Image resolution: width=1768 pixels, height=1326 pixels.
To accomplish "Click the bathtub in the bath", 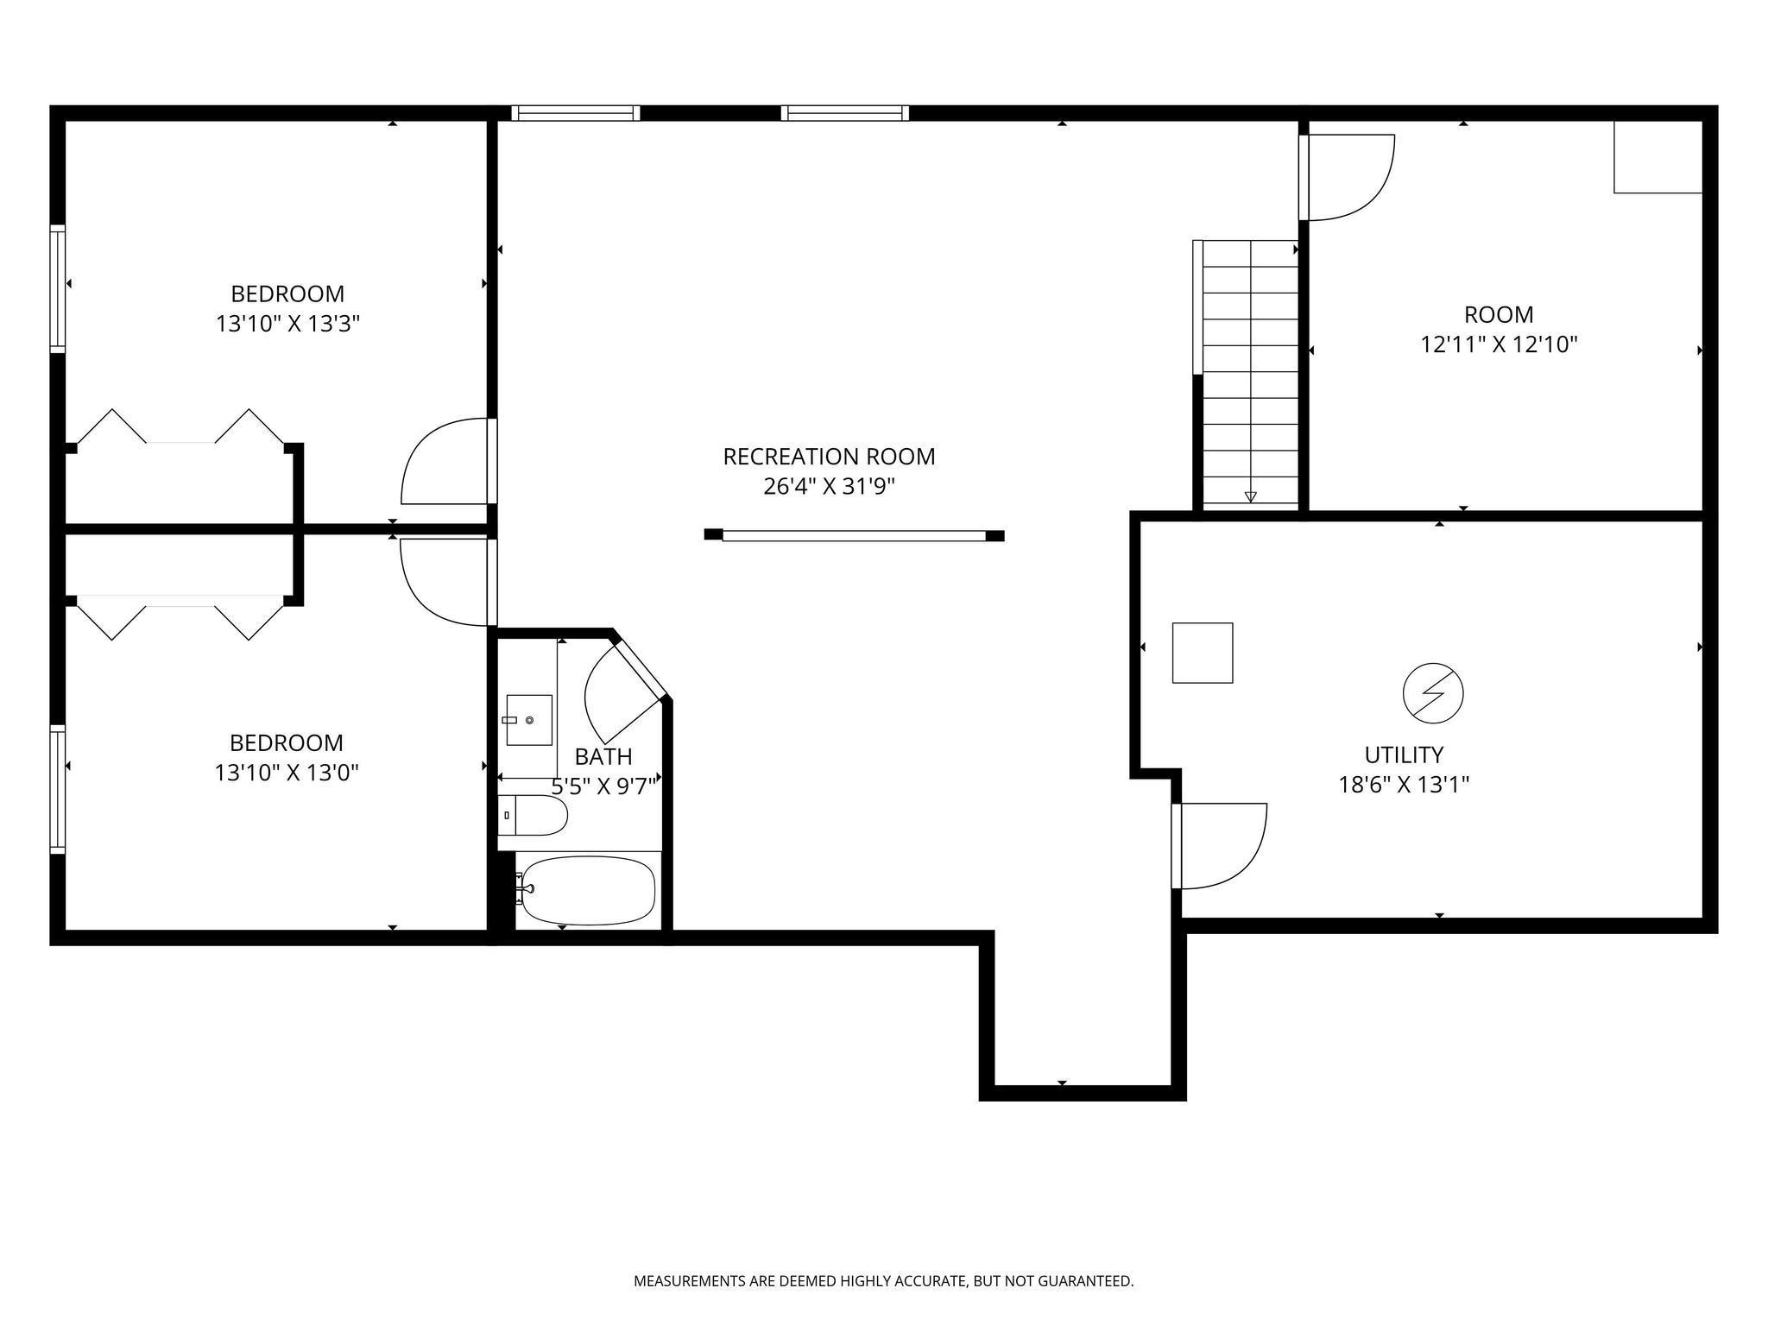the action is coord(588,890).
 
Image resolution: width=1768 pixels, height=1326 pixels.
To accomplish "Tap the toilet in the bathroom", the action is coord(533,815).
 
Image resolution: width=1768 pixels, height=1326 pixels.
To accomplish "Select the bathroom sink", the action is coord(529,720).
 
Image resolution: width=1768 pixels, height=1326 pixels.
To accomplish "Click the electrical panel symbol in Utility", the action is coord(1433,692).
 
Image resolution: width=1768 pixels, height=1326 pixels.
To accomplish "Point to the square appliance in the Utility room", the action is coord(1203,653).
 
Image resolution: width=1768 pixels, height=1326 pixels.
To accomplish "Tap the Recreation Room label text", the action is coord(829,457).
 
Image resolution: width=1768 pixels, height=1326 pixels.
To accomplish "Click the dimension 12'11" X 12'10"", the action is coord(1500,344).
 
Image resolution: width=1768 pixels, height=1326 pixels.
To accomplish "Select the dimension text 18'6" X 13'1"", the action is coord(1405,785).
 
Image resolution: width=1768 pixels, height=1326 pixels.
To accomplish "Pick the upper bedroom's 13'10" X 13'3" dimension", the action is coord(287,324).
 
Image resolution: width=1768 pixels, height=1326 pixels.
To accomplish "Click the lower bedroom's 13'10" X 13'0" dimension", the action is coord(287,772).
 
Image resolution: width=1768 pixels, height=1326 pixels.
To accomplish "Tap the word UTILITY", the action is coord(1404,755).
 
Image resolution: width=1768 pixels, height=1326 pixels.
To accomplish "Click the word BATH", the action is coord(603,757).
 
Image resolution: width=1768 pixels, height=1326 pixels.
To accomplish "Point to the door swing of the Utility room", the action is coord(1249,863).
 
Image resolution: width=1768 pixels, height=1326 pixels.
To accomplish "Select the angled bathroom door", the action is coord(623,691).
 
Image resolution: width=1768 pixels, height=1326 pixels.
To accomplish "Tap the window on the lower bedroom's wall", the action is coord(58,789).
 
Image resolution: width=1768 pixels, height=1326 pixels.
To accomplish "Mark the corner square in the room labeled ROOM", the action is coord(1658,157).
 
